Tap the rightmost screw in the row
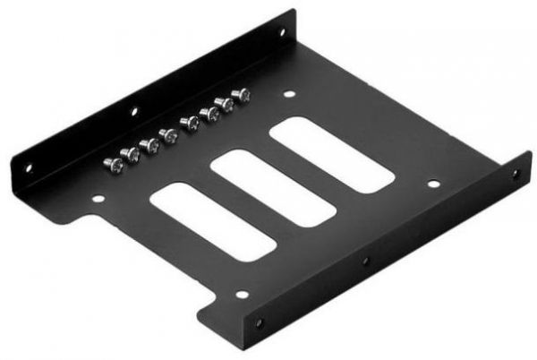pyautogui.click(x=241, y=94)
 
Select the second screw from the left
pyautogui.click(x=131, y=154)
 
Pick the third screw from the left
pyautogui.click(x=149, y=144)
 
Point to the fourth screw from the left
pyautogui.click(x=167, y=135)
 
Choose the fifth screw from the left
pyautogui.click(x=190, y=122)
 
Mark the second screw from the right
pyautogui.click(x=226, y=103)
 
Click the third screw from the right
pyautogui.click(x=210, y=113)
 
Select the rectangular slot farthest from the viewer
pyautogui.click(x=332, y=153)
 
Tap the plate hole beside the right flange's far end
pyautogui.click(x=433, y=184)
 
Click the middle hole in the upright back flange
pyautogui.click(x=134, y=113)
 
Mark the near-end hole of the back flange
pyautogui.click(x=27, y=166)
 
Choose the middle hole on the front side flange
pyautogui.click(x=365, y=261)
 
